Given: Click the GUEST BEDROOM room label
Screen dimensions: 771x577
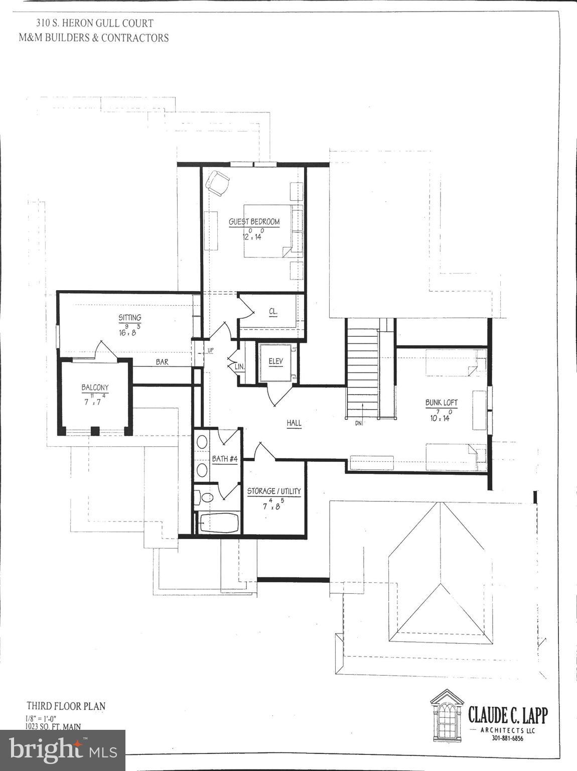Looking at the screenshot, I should click(x=254, y=222).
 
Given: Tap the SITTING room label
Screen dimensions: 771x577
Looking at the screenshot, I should click(x=129, y=317).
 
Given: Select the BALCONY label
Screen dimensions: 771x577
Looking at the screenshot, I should click(x=95, y=388).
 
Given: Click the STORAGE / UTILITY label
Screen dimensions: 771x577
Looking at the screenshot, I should click(x=274, y=491).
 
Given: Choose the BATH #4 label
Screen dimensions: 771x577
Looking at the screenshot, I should click(x=224, y=459).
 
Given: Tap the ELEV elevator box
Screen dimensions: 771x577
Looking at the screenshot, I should click(x=275, y=362).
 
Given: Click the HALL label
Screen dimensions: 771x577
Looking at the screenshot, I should click(x=294, y=423).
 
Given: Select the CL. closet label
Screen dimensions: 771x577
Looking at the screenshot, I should click(x=273, y=311).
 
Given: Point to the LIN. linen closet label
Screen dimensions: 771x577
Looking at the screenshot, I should click(x=240, y=367).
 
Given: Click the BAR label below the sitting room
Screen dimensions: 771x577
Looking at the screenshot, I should click(x=162, y=362).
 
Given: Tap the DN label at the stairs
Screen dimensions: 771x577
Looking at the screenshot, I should click(x=358, y=423).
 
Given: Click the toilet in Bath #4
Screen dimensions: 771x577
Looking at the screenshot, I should click(x=204, y=497).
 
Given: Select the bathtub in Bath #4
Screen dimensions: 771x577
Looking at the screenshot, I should click(x=218, y=523).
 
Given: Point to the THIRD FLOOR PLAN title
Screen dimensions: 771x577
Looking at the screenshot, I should click(x=66, y=706).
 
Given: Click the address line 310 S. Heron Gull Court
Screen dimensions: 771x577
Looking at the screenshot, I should click(x=94, y=23).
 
